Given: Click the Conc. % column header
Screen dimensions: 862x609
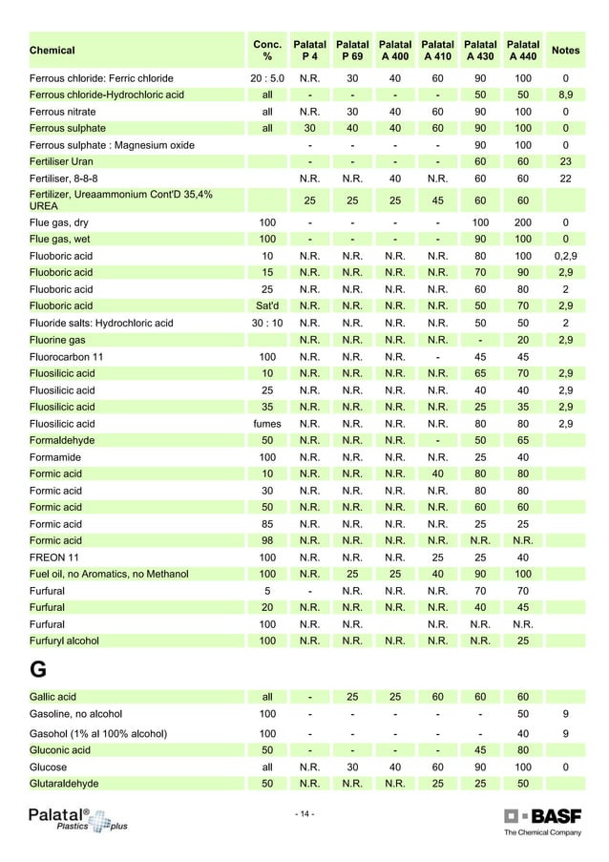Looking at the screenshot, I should [x=267, y=50].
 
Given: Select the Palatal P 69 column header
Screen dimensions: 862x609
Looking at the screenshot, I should [x=352, y=50].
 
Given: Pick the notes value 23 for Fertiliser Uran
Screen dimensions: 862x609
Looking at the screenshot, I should [x=565, y=162].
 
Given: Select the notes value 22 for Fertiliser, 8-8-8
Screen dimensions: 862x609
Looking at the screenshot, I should [x=565, y=179].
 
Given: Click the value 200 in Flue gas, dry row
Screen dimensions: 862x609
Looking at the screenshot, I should [x=522, y=222].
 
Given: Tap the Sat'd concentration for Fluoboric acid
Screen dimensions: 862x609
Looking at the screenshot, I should [x=267, y=305].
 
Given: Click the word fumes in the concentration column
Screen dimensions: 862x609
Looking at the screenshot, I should [x=267, y=423].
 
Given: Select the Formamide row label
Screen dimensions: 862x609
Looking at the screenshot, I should [x=57, y=457].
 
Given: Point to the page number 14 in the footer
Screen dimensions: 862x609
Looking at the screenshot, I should [x=304, y=813].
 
